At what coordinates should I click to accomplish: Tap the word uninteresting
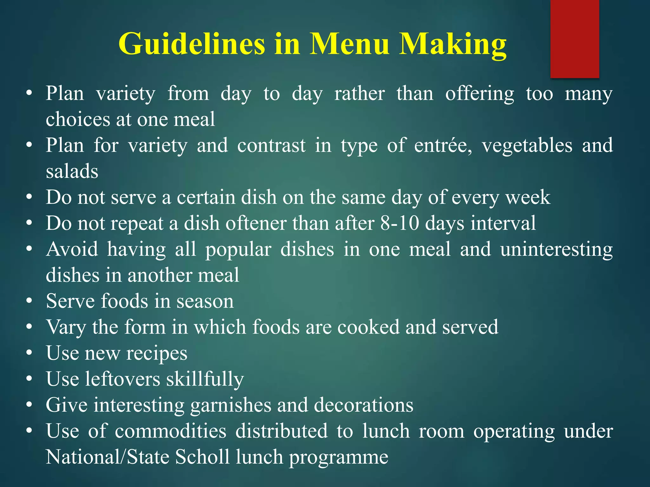(556, 249)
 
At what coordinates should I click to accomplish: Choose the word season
(205, 301)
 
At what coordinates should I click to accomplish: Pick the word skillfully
(205, 380)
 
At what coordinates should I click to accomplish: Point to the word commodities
(170, 431)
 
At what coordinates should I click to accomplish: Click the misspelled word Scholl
(202, 457)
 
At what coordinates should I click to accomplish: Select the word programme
(338, 458)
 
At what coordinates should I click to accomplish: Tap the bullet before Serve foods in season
(29, 301)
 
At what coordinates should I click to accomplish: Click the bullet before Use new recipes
(29, 353)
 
